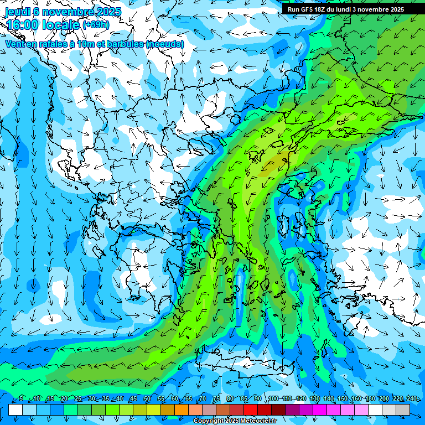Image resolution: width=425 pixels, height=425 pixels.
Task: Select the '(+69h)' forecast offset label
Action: (x=96, y=25)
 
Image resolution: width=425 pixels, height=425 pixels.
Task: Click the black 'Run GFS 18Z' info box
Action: (x=353, y=9)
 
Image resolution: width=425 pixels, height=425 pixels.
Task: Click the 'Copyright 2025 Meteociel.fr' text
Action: (x=235, y=421)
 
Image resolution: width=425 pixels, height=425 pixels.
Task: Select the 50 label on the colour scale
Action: (x=147, y=399)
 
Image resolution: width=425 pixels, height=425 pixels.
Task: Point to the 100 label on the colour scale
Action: (x=273, y=399)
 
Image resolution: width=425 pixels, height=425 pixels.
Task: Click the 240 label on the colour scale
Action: (x=411, y=399)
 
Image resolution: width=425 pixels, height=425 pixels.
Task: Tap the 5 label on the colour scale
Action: (x=21, y=399)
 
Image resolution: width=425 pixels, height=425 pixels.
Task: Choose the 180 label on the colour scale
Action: (x=370, y=399)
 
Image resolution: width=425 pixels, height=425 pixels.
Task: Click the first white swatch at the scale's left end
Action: (x=15, y=410)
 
